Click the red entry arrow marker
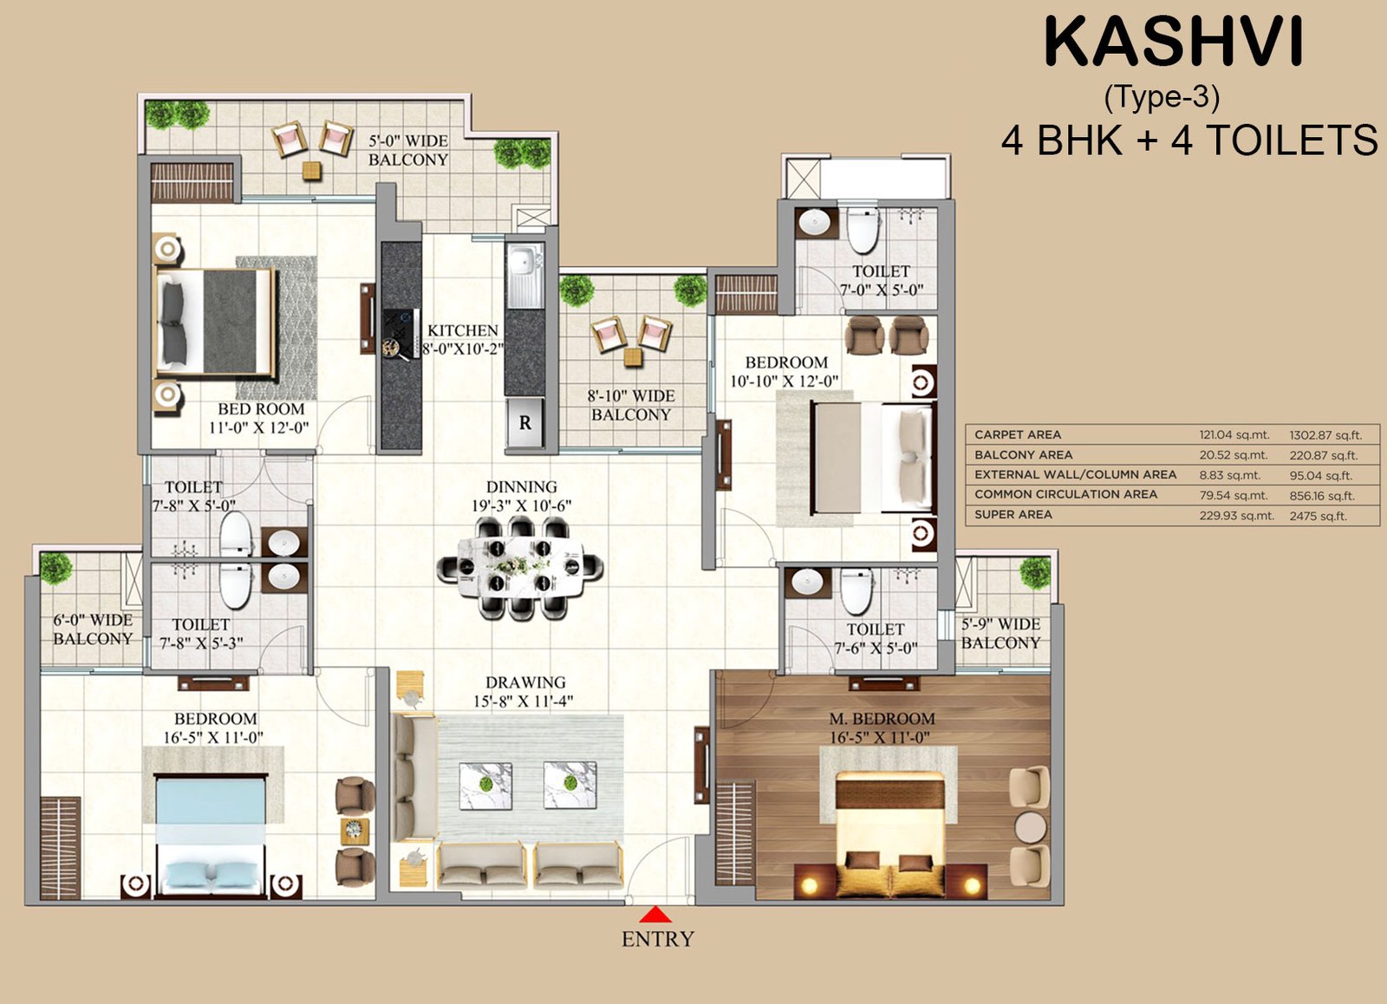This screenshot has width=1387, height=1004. tap(655, 915)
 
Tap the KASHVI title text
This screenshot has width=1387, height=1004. tap(1174, 42)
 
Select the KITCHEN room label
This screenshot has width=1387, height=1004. tap(463, 330)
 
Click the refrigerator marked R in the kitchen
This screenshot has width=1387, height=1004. tap(524, 423)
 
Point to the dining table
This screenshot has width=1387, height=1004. tap(520, 566)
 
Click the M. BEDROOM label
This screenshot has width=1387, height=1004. tap(882, 719)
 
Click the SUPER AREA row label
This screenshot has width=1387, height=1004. tap(1013, 515)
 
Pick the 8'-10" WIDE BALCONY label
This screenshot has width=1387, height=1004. tap(631, 405)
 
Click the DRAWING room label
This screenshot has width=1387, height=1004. tap(525, 682)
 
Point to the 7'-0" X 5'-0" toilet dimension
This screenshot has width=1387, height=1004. tap(881, 290)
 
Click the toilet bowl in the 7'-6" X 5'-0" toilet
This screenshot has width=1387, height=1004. tap(856, 591)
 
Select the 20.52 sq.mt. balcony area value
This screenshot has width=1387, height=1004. tap(1234, 455)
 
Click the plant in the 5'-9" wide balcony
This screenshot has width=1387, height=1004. tap(1035, 572)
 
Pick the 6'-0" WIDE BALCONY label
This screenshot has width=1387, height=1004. tap(93, 629)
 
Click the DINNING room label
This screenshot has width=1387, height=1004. tap(521, 486)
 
